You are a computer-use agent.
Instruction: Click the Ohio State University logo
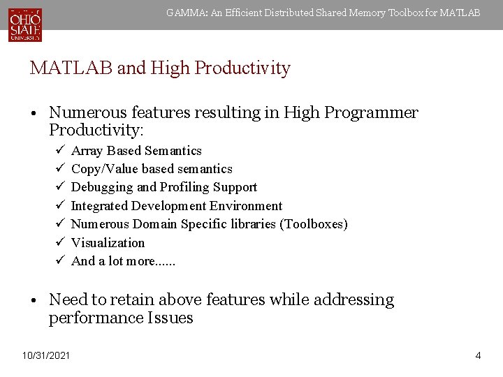click(x=25, y=24)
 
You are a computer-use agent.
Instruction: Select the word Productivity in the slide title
click(x=243, y=68)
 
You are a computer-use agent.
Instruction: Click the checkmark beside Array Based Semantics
click(x=61, y=150)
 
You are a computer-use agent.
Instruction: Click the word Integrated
click(x=101, y=206)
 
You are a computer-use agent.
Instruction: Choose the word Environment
click(x=246, y=206)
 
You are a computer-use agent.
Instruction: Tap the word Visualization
click(x=108, y=243)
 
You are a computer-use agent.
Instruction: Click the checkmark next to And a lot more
click(x=61, y=260)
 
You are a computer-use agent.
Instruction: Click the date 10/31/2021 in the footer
click(x=46, y=356)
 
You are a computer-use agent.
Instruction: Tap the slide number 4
click(x=478, y=356)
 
